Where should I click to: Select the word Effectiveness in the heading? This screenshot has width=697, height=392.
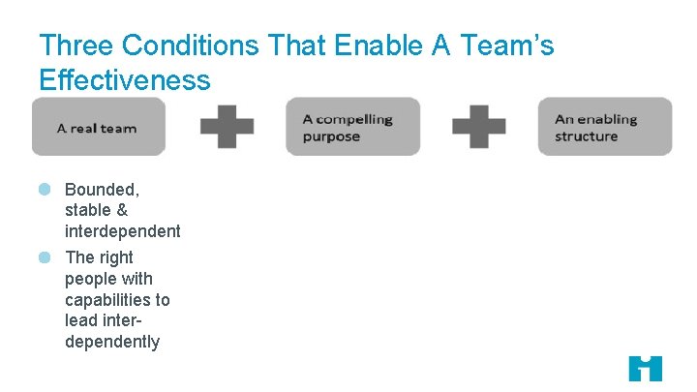click(125, 79)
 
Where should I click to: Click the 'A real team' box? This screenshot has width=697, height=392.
click(99, 127)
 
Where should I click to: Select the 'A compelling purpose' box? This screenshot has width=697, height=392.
click(352, 127)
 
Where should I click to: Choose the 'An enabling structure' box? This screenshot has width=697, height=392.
click(605, 127)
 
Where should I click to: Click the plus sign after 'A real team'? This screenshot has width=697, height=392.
click(227, 127)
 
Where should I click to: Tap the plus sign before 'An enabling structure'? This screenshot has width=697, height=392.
click(479, 127)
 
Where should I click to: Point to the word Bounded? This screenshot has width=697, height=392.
click(103, 189)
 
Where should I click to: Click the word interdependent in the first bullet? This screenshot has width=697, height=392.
click(122, 231)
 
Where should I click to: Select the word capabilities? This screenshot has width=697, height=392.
click(117, 300)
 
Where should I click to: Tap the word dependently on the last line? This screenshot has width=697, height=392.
click(112, 342)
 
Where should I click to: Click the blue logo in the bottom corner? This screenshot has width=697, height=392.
click(645, 368)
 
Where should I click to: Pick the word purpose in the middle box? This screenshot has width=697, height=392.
click(331, 136)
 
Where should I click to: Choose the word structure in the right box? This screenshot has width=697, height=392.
click(587, 136)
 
